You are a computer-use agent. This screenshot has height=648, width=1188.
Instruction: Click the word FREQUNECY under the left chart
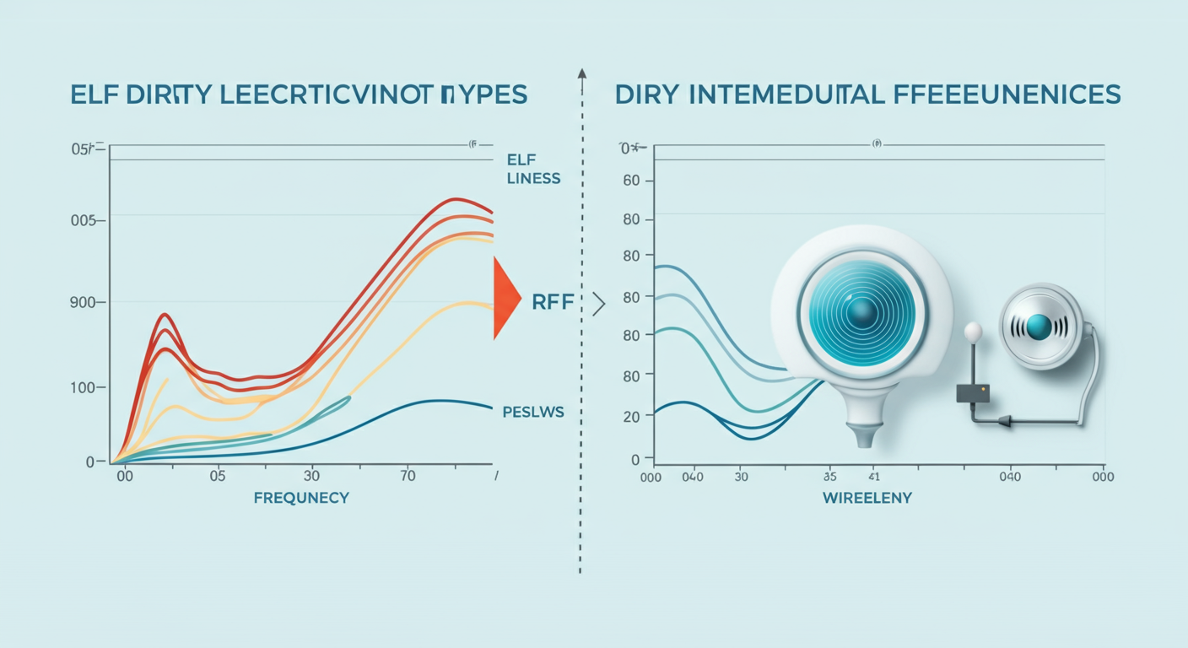point(301,498)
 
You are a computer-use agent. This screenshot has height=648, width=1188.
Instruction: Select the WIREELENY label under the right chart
point(867,498)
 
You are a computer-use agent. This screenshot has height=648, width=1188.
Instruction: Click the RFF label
point(553,302)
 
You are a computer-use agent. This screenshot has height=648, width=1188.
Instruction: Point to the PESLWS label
point(532,412)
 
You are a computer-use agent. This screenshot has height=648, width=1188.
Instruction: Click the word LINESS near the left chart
point(533,179)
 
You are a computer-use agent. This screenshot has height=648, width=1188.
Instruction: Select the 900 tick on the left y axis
point(87,301)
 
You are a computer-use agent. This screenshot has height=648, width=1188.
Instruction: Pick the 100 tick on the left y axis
point(89,387)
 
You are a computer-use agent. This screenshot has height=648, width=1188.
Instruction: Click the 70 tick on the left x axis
point(408,476)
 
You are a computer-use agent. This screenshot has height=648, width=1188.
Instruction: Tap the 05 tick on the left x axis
point(218,476)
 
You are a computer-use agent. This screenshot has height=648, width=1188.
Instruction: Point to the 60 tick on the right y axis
point(631,181)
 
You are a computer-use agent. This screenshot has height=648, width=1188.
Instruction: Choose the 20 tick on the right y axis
point(631,415)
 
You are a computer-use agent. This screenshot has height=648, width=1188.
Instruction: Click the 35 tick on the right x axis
point(830,477)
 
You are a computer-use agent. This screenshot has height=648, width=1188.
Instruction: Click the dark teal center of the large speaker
point(861,313)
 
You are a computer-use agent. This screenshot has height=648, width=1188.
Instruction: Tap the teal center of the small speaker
point(1039,327)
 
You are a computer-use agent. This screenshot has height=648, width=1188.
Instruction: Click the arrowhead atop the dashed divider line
point(581,74)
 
